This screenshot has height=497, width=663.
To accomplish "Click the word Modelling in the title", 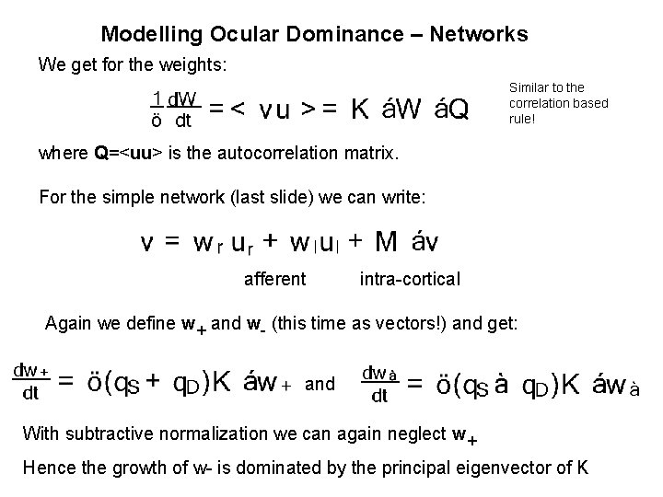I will point(147,35).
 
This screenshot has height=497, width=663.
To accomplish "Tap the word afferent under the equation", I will point(274,279).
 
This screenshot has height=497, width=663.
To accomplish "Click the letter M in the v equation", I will point(387,242).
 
